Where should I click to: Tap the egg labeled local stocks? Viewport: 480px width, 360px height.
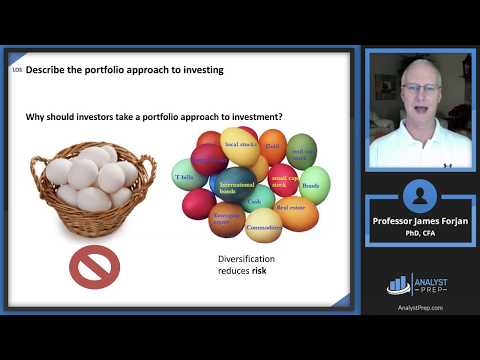coord(240,147)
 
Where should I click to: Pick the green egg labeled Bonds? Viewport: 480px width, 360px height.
coord(310,186)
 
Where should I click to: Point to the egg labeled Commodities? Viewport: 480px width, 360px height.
coord(263,227)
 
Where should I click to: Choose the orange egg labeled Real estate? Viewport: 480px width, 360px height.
coord(296,211)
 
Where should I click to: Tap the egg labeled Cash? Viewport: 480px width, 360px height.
coord(255,201)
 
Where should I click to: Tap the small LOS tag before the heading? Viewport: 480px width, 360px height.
coord(16,70)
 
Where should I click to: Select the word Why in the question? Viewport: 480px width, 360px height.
coord(35,117)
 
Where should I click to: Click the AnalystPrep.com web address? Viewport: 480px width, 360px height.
coord(419,307)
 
